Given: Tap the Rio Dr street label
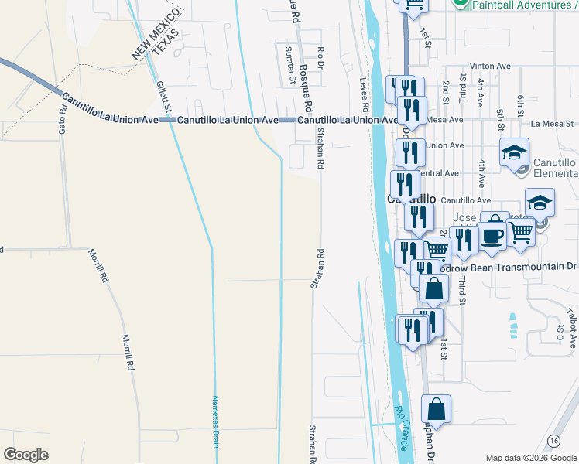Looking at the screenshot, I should (x=320, y=57).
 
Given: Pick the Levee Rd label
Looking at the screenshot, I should (x=364, y=78).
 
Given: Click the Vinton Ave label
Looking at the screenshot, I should (x=485, y=67).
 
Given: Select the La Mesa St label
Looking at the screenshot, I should (x=552, y=124).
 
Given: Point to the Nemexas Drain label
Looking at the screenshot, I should (x=216, y=419).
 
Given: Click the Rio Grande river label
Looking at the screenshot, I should (x=401, y=429).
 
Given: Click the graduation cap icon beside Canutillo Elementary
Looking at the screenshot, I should (x=513, y=154).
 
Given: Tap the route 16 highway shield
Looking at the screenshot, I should (x=553, y=441).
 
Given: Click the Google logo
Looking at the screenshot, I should (x=26, y=455).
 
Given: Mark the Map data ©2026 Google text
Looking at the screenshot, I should (x=530, y=458).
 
